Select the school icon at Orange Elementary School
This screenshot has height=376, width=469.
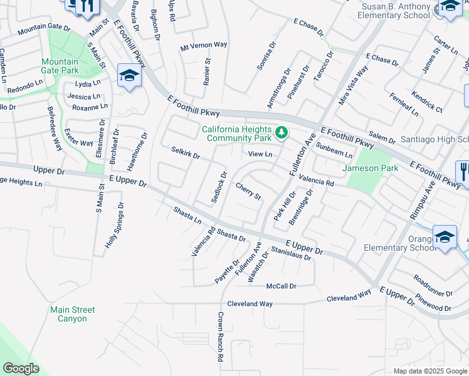(x=445, y=237)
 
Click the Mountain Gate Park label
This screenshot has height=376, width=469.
(x=60, y=66)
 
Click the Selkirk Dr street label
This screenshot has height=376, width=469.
(x=185, y=152)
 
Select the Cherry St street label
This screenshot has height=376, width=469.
(x=248, y=191)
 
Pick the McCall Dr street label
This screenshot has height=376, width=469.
(x=281, y=286)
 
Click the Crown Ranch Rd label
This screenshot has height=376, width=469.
(x=221, y=337)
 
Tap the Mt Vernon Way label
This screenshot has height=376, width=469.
(x=204, y=45)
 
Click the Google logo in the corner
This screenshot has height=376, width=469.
(x=21, y=368)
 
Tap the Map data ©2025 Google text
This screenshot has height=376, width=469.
(x=429, y=371)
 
